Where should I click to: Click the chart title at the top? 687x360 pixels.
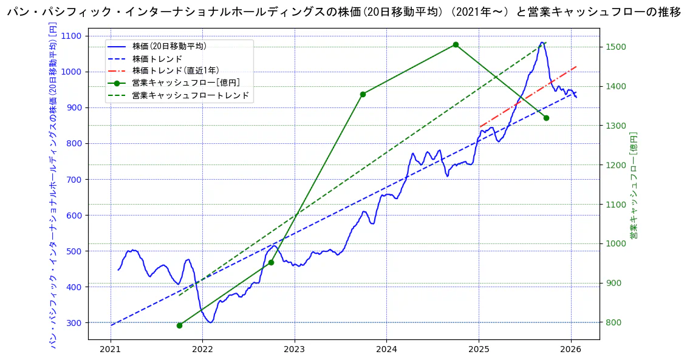pyautogui.click(x=343, y=12)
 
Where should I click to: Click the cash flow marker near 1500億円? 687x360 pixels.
pyautogui.click(x=456, y=44)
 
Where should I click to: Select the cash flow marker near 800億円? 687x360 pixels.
pyautogui.click(x=179, y=325)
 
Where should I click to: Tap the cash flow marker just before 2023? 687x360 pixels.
pyautogui.click(x=271, y=262)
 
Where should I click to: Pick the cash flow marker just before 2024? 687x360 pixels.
pyautogui.click(x=363, y=94)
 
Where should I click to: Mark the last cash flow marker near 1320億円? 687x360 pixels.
pyautogui.click(x=546, y=118)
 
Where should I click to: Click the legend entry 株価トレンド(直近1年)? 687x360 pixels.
pyautogui.click(x=176, y=70)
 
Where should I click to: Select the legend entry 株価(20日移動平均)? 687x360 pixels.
pyautogui.click(x=169, y=46)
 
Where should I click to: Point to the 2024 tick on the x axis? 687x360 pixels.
pyautogui.click(x=386, y=349)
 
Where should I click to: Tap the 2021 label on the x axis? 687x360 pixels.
pyautogui.click(x=111, y=349)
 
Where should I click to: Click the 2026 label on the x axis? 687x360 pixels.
pyautogui.click(x=571, y=349)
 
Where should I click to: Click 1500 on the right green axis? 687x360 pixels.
pyautogui.click(x=616, y=47)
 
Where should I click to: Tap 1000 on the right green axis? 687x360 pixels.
pyautogui.click(x=616, y=243)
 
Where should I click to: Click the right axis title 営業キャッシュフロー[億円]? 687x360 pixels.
pyautogui.click(x=634, y=185)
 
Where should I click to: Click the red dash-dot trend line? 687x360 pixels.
pyautogui.click(x=528, y=97)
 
